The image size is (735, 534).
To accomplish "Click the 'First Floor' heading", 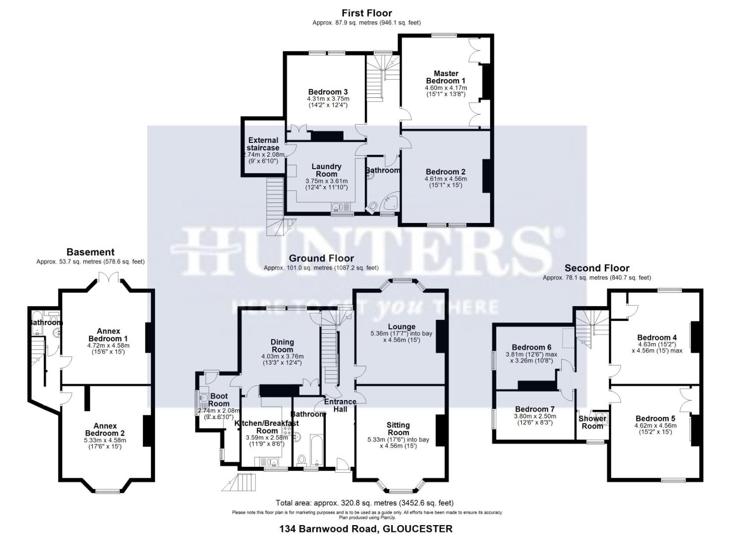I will pyautogui.click(x=367, y=13).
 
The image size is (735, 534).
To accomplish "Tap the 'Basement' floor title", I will pyautogui.click(x=91, y=252).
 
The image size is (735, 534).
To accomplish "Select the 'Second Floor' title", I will pyautogui.click(x=597, y=268).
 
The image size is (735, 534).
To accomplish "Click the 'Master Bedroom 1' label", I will pyautogui.click(x=446, y=77).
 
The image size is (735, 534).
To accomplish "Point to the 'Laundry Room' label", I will pyautogui.click(x=326, y=170).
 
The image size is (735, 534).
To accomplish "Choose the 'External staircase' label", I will pyautogui.click(x=263, y=144).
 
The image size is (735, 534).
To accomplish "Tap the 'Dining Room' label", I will pyautogui.click(x=282, y=346).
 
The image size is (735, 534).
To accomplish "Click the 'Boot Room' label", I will pyautogui.click(x=219, y=400).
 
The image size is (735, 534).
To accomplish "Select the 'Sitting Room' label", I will pyautogui.click(x=398, y=429).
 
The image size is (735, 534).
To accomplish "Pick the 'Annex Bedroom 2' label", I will pyautogui.click(x=105, y=430).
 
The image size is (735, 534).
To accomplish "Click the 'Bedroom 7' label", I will pyautogui.click(x=535, y=409).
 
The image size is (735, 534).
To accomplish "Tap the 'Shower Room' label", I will pyautogui.click(x=592, y=422).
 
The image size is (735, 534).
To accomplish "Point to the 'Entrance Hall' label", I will pyautogui.click(x=340, y=405).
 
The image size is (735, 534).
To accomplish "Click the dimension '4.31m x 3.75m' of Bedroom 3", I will pyautogui.click(x=328, y=98).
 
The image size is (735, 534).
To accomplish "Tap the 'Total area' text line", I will pyautogui.click(x=365, y=503).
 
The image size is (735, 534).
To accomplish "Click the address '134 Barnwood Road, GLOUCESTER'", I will pyautogui.click(x=366, y=529).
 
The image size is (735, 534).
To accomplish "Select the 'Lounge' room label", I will pyautogui.click(x=401, y=327).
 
